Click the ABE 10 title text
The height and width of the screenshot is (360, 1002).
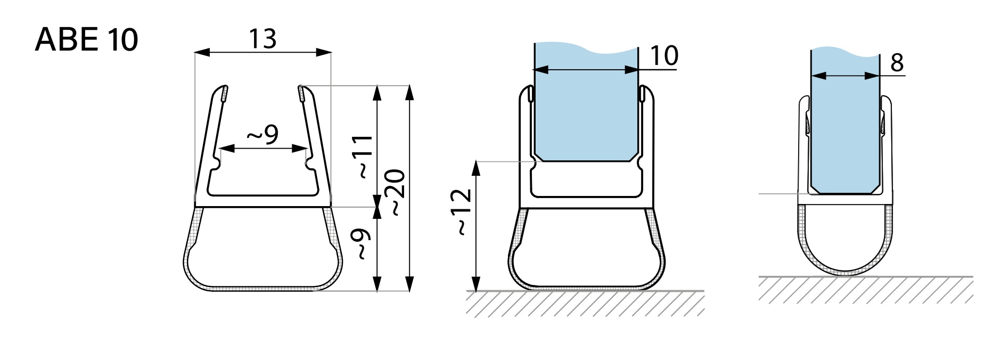click(86, 39)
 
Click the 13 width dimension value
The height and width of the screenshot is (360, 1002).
click(262, 38)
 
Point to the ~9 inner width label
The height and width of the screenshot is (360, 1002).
click(263, 135)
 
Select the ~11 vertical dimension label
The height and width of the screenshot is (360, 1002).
click(364, 157)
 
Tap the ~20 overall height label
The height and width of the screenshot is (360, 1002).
click(397, 192)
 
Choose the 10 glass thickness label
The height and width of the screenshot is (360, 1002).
click(664, 55)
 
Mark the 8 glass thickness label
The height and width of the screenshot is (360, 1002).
click(897, 62)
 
